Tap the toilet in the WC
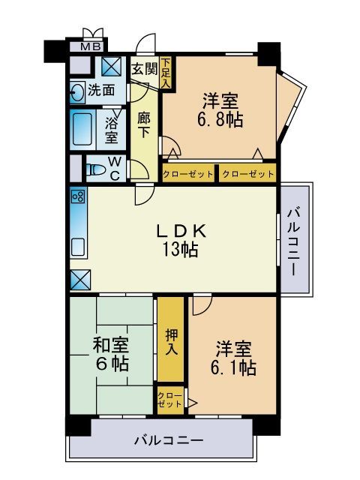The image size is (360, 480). point(95,169)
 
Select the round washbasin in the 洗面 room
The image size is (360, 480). point(76,91)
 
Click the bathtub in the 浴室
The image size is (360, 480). point(82,129)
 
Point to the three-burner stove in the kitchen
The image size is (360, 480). point(78,196)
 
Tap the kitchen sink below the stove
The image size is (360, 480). point(78,247)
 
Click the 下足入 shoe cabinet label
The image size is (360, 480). point(166,73)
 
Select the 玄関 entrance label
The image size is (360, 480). point(145,70)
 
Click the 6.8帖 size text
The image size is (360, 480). point(220,120)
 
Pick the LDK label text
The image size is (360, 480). point(181,231)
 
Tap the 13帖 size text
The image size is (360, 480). point(180,249)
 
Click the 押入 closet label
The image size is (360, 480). point(172,342)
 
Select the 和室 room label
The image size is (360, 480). point(111,345)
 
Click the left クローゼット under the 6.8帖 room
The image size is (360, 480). point(188,175)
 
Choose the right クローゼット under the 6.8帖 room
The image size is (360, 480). point(248,175)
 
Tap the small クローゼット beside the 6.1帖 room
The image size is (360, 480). point(170,400)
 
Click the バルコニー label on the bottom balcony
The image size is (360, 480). point(169,441)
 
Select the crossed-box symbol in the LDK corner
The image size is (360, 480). point(80,280)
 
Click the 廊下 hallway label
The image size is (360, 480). point(143,125)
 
